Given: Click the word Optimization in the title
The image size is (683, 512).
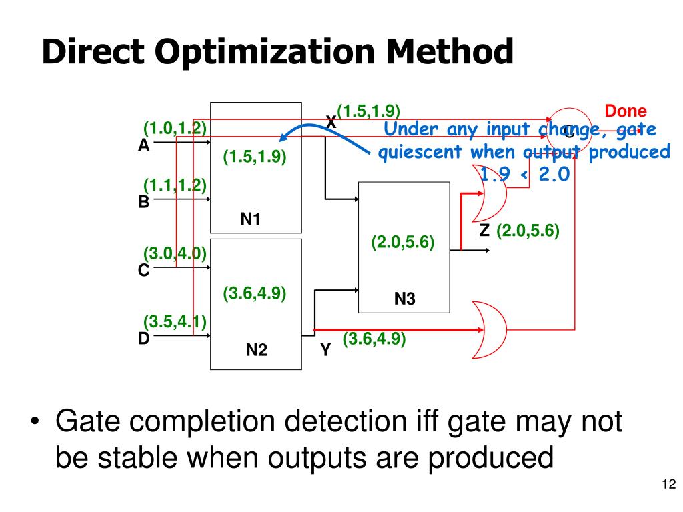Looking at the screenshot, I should point(255,53).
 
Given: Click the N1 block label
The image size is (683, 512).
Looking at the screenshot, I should point(250,218).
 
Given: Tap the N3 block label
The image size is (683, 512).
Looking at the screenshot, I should point(404,299).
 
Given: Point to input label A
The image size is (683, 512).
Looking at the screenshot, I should point(143,146).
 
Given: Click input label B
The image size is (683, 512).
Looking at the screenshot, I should point(143,202).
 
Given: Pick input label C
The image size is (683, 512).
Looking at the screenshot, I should point(143,271).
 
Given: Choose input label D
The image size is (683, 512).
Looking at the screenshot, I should point(143,339).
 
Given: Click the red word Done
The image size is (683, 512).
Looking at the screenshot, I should point(626,112).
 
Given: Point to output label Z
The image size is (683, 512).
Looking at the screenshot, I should point(484,231).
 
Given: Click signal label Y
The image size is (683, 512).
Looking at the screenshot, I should point(325,349).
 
